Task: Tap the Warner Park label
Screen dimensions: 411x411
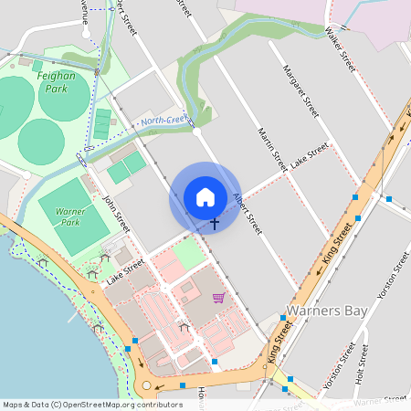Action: [x=70, y=216]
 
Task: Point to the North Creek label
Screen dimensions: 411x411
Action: [x=163, y=120]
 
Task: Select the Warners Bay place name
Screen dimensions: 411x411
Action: [x=327, y=311]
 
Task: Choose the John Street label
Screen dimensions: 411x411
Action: [x=116, y=214]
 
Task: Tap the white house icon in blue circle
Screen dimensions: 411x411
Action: [x=205, y=197]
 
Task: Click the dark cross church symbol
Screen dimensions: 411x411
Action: [x=215, y=223]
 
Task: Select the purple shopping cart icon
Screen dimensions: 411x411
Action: [x=218, y=298]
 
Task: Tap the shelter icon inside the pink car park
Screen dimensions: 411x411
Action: [x=184, y=327]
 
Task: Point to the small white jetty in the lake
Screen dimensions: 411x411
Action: [x=72, y=319]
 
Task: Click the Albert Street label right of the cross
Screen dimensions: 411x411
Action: [x=248, y=211]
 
